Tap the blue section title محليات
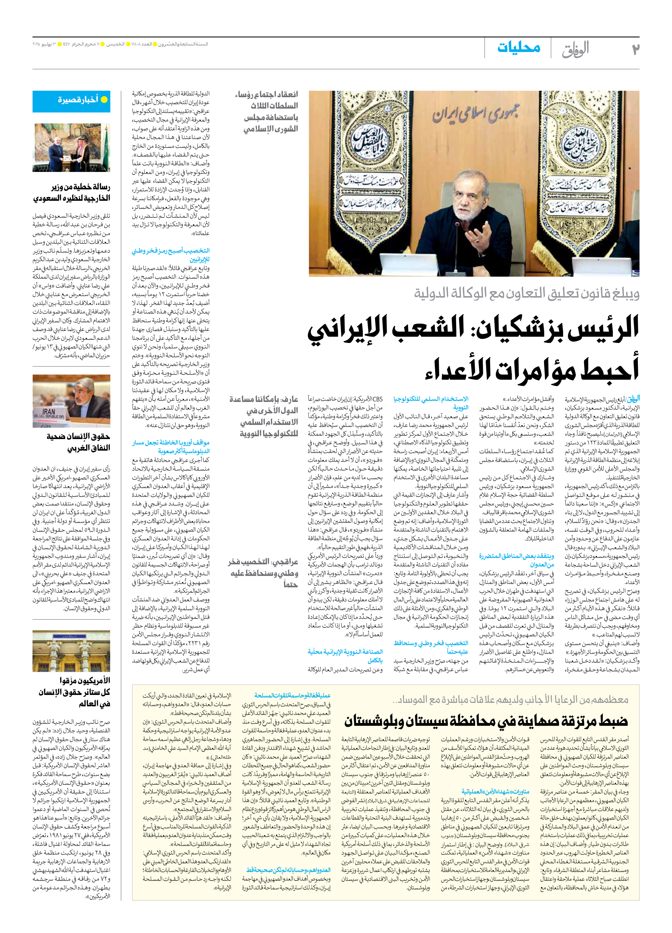point(519,48)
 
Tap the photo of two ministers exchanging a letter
point(72,148)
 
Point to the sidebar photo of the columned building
point(72,651)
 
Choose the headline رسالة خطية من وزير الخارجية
point(72,193)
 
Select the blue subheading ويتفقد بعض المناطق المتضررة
point(517,560)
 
